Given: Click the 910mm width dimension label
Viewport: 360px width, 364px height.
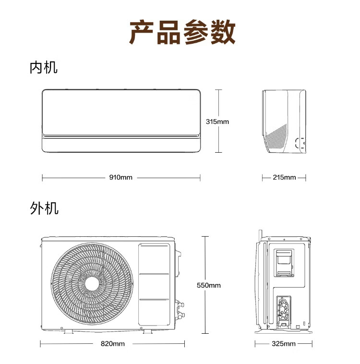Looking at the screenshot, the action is [x=120, y=177].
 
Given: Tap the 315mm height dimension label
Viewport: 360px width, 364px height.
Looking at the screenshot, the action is [x=217, y=121].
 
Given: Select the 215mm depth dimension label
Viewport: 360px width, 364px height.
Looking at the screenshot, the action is [x=284, y=177].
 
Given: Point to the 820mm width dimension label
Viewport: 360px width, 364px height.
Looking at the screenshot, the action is [x=113, y=343].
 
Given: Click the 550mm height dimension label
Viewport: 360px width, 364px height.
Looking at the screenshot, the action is [x=209, y=285].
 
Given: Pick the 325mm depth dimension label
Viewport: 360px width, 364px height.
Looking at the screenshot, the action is [x=284, y=343].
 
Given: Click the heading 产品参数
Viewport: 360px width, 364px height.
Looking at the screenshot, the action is [x=182, y=32].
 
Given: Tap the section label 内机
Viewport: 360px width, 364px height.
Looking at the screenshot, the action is [x=43, y=68].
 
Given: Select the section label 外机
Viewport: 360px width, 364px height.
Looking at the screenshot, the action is [x=44, y=208].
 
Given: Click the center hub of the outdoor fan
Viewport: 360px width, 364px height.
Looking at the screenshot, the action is [x=92, y=284].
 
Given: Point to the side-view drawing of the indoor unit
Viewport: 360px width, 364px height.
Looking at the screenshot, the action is [x=284, y=121].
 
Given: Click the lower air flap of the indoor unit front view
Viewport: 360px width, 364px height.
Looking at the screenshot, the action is [x=121, y=145].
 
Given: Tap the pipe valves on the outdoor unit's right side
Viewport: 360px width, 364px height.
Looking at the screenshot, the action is [x=180, y=310].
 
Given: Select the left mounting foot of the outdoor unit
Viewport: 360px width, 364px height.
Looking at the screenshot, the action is [x=69, y=331].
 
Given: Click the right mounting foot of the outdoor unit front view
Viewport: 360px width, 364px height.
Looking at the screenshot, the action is [x=148, y=331].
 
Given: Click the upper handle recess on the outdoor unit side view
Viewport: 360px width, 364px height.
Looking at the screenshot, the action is [x=284, y=263].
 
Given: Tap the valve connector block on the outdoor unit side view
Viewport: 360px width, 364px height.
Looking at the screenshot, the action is [x=284, y=311].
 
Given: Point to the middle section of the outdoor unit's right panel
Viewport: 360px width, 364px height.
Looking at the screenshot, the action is [x=154, y=287].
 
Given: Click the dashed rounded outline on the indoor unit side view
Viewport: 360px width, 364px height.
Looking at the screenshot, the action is [x=300, y=143].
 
